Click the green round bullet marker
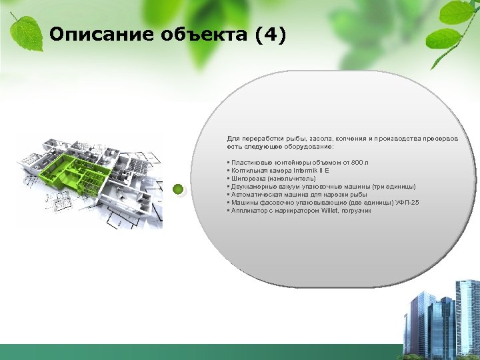click(178, 189)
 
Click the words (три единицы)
click(394, 187)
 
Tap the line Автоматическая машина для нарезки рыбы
click(297, 195)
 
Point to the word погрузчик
click(357, 211)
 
